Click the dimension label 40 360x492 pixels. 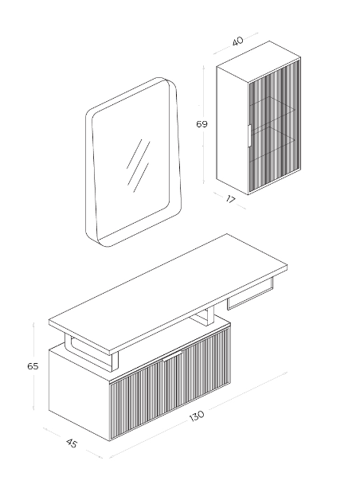[238, 41]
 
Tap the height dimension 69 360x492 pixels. [202, 124]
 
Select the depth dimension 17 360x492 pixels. [231, 199]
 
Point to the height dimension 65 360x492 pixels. [33, 366]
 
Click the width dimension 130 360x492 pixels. [197, 416]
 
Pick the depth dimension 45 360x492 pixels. [72, 443]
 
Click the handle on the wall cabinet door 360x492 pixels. [248, 135]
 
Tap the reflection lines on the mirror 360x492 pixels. [138, 166]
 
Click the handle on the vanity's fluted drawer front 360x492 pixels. [173, 357]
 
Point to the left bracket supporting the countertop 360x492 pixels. [91, 352]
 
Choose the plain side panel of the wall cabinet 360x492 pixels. [233, 128]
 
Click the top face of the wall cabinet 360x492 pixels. [259, 61]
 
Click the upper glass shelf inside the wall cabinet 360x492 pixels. [272, 109]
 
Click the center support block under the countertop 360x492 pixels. [202, 318]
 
